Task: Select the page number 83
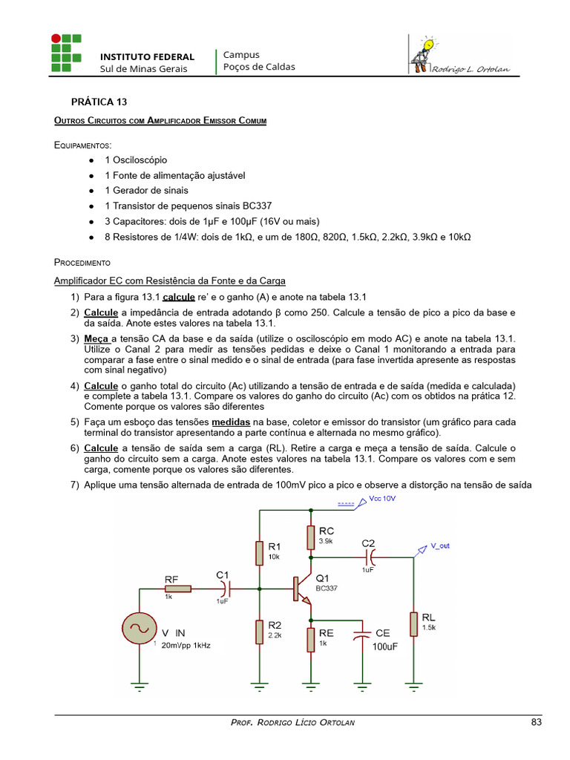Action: tap(537, 722)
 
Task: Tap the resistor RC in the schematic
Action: tap(311, 538)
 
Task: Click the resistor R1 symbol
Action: tap(259, 554)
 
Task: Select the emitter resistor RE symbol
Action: tap(311, 639)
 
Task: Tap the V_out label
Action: tap(440, 546)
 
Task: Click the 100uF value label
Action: tap(385, 646)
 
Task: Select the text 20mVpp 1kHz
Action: tap(186, 645)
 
